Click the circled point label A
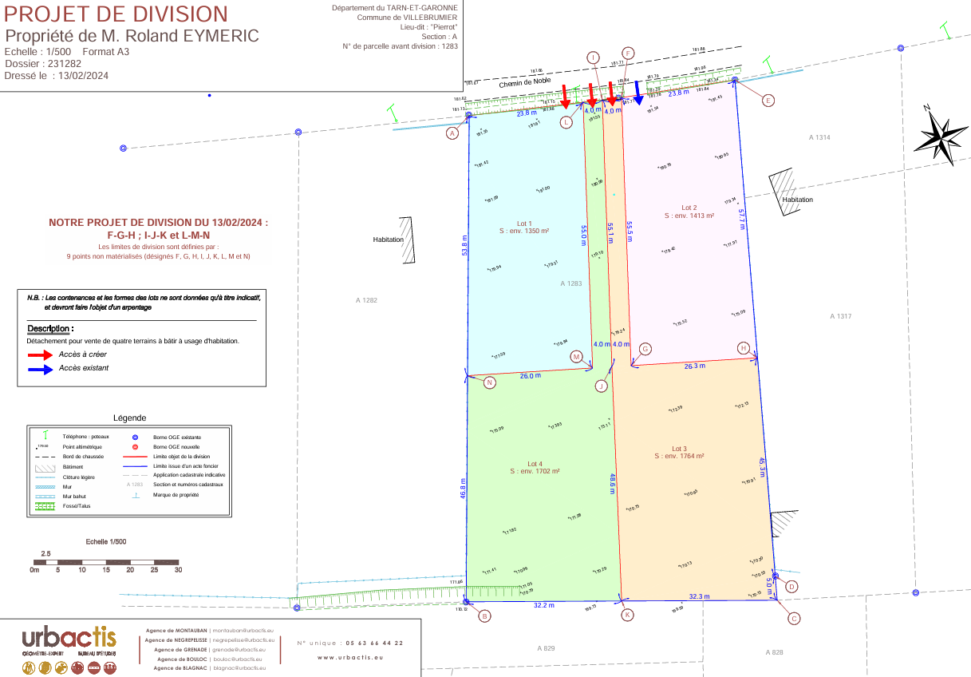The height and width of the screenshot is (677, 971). click(x=453, y=134)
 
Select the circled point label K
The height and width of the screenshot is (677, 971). click(x=627, y=615)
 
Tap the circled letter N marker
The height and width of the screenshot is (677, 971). click(x=490, y=383)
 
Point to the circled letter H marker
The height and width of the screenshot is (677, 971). click(x=743, y=348)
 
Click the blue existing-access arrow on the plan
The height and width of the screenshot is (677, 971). click(x=638, y=93)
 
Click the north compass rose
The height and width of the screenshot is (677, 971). click(x=939, y=137)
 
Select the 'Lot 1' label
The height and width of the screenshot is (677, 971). click(x=524, y=223)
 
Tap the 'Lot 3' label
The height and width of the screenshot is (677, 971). click(x=679, y=448)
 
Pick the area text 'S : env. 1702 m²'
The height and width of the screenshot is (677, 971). click(x=535, y=472)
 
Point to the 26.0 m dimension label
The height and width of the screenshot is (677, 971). click(x=530, y=375)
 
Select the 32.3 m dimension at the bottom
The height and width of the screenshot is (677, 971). click(x=699, y=596)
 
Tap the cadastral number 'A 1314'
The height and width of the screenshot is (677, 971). click(x=819, y=138)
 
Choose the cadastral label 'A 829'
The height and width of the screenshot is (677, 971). click(x=546, y=648)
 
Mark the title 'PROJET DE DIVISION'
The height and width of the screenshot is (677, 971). click(x=116, y=14)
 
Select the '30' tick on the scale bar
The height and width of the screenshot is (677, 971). click(x=179, y=570)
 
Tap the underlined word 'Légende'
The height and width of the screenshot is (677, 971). click(x=129, y=418)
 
